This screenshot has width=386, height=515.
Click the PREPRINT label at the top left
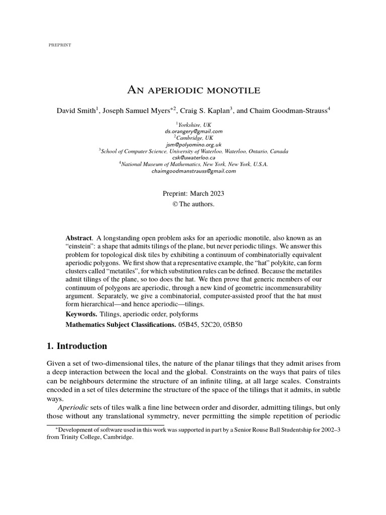click(x=59, y=45)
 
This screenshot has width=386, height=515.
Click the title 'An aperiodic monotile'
click(x=193, y=91)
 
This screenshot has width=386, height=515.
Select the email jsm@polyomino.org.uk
click(x=193, y=144)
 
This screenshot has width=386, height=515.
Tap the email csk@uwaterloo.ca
click(x=193, y=157)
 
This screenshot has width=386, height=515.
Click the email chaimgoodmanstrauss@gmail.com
click(x=193, y=171)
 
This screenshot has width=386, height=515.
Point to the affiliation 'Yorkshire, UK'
click(x=194, y=124)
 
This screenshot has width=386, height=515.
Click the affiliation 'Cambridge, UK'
click(x=194, y=138)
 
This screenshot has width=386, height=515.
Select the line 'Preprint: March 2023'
click(x=193, y=193)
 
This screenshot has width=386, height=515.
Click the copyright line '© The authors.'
click(x=193, y=204)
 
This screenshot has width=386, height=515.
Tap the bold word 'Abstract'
click(x=79, y=237)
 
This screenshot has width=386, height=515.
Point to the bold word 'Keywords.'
click(x=82, y=314)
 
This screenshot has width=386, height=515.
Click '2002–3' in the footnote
click(x=328, y=429)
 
